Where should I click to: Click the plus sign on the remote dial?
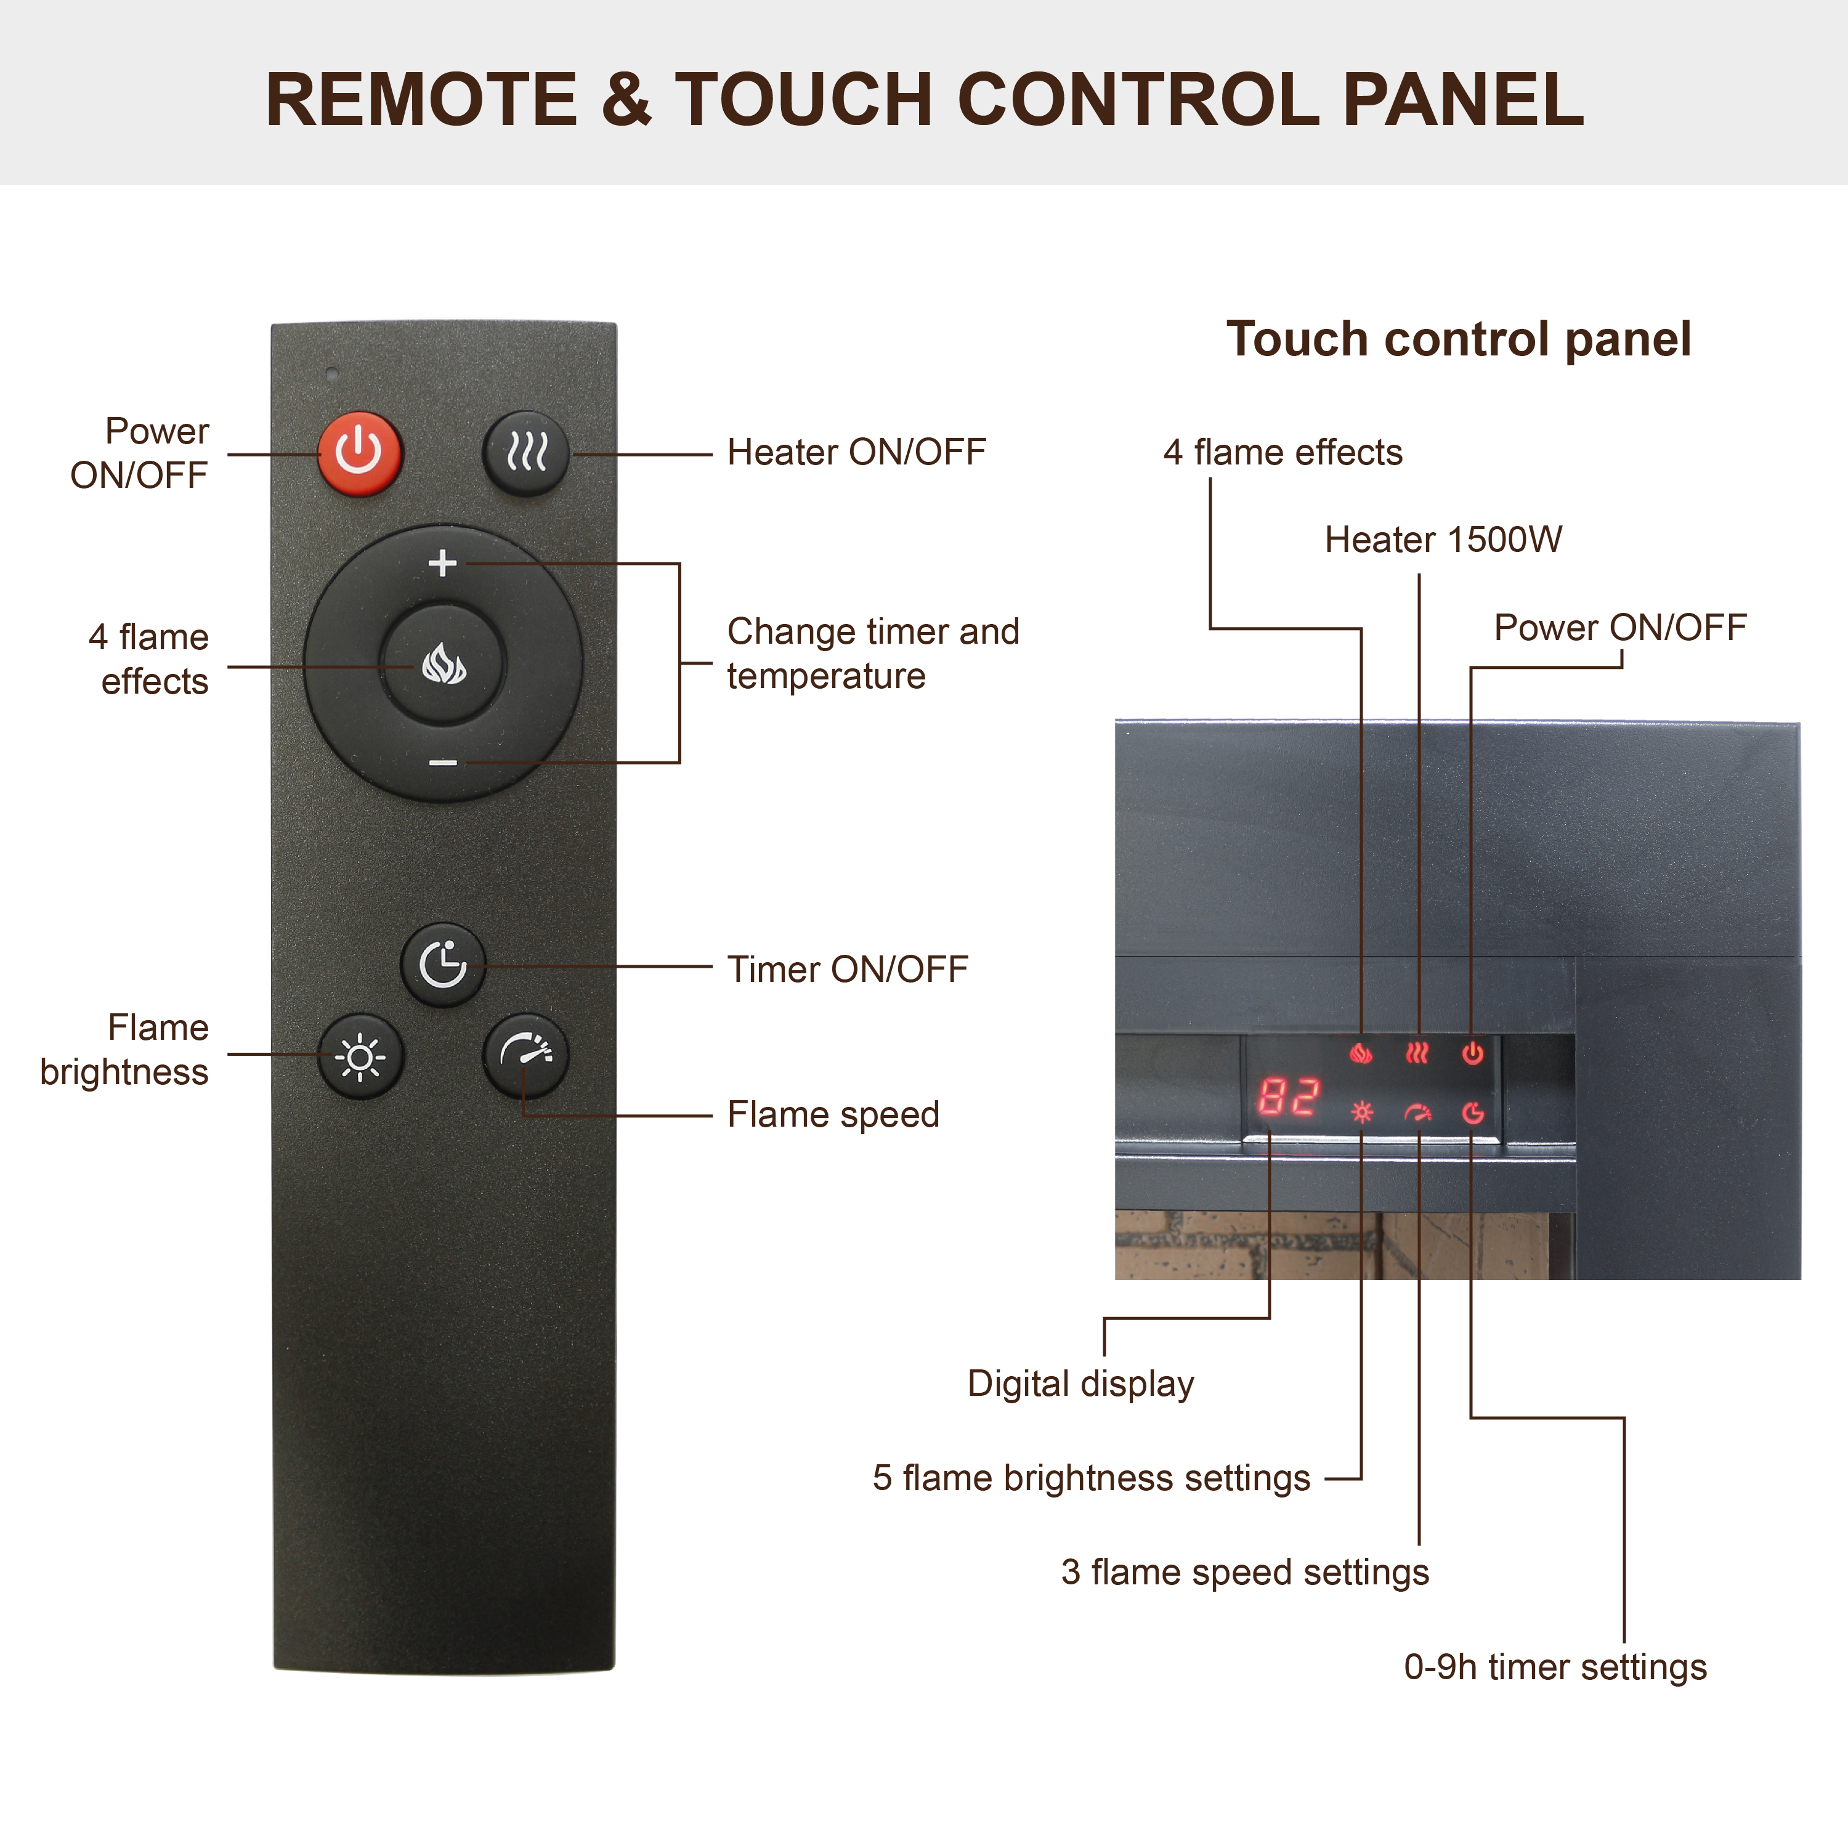(442, 562)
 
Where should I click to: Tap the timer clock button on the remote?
(443, 964)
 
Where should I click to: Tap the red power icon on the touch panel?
(1472, 1053)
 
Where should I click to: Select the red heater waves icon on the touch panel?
(1417, 1053)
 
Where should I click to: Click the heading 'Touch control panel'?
(1459, 339)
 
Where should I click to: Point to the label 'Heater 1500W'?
(1443, 540)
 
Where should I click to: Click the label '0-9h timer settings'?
(1555, 1668)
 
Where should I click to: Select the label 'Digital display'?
(1081, 1385)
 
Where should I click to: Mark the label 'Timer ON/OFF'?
(848, 969)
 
